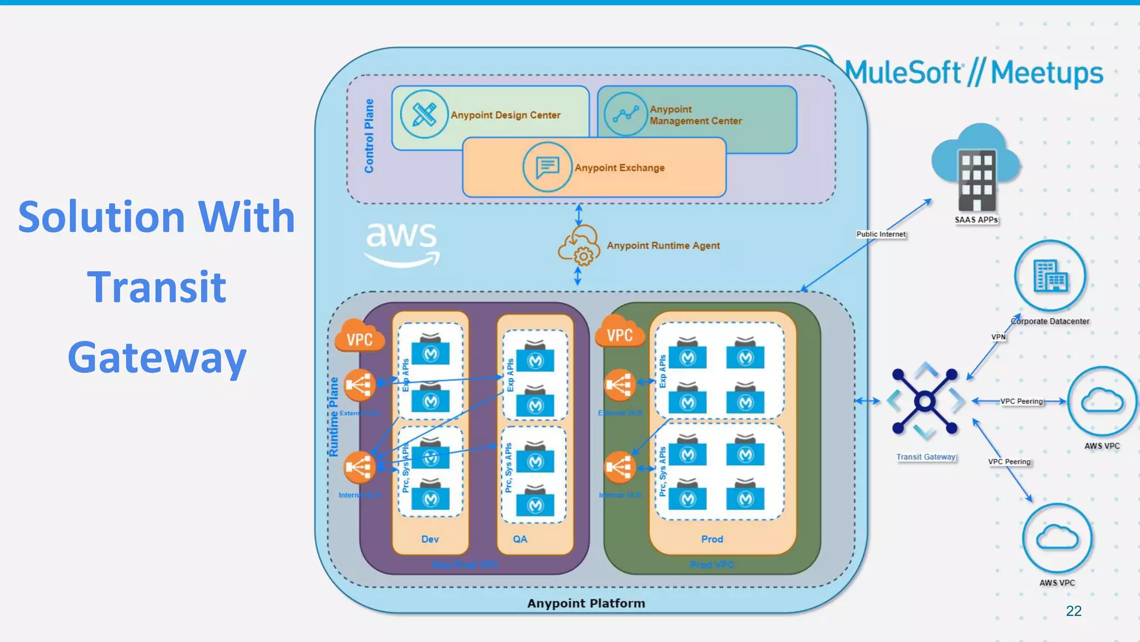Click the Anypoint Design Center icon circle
[424, 114]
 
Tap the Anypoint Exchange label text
[619, 168]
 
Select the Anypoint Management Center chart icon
[625, 114]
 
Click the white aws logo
[401, 244]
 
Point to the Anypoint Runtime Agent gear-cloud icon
[579, 246]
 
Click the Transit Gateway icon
[925, 401]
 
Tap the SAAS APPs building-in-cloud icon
[976, 168]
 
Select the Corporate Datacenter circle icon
[1050, 276]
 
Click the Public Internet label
[881, 234]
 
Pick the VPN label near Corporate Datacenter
[998, 337]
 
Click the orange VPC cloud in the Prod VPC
[620, 334]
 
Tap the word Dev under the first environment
[430, 539]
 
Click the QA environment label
[520, 539]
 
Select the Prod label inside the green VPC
[712, 539]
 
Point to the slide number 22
[1073, 611]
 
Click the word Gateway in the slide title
[157, 358]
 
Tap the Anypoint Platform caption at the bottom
[586, 603]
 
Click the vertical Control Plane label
[369, 136]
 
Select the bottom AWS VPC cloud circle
[1057, 538]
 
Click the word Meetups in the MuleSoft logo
[1046, 73]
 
